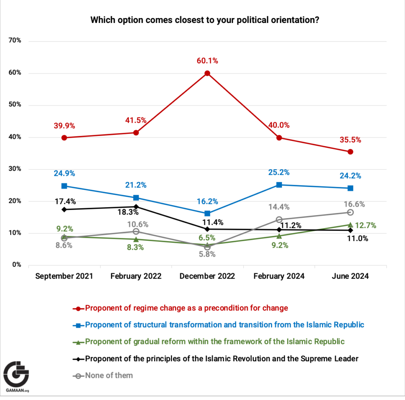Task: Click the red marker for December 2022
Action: (x=207, y=73)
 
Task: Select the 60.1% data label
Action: (x=207, y=61)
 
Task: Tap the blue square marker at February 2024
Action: (x=279, y=185)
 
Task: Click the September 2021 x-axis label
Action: (x=64, y=276)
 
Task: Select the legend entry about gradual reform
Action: (x=210, y=342)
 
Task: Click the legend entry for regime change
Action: (x=186, y=308)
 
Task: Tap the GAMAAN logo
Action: (x=17, y=376)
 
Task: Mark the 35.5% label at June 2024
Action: (x=350, y=140)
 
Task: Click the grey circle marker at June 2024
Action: (x=350, y=212)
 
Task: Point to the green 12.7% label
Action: (x=365, y=225)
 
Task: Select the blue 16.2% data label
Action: (x=207, y=201)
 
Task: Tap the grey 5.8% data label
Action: (x=207, y=255)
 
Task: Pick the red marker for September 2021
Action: (x=64, y=138)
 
